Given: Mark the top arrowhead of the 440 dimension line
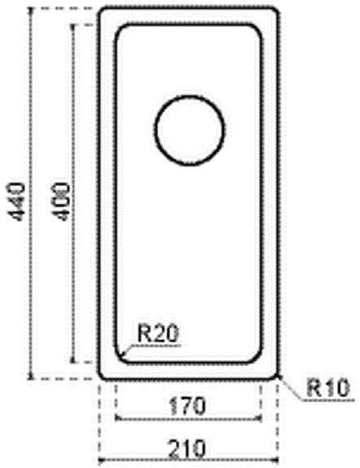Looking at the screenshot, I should (30, 10).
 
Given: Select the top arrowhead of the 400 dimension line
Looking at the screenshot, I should (76, 25).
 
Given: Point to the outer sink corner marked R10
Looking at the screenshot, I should (275, 375).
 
